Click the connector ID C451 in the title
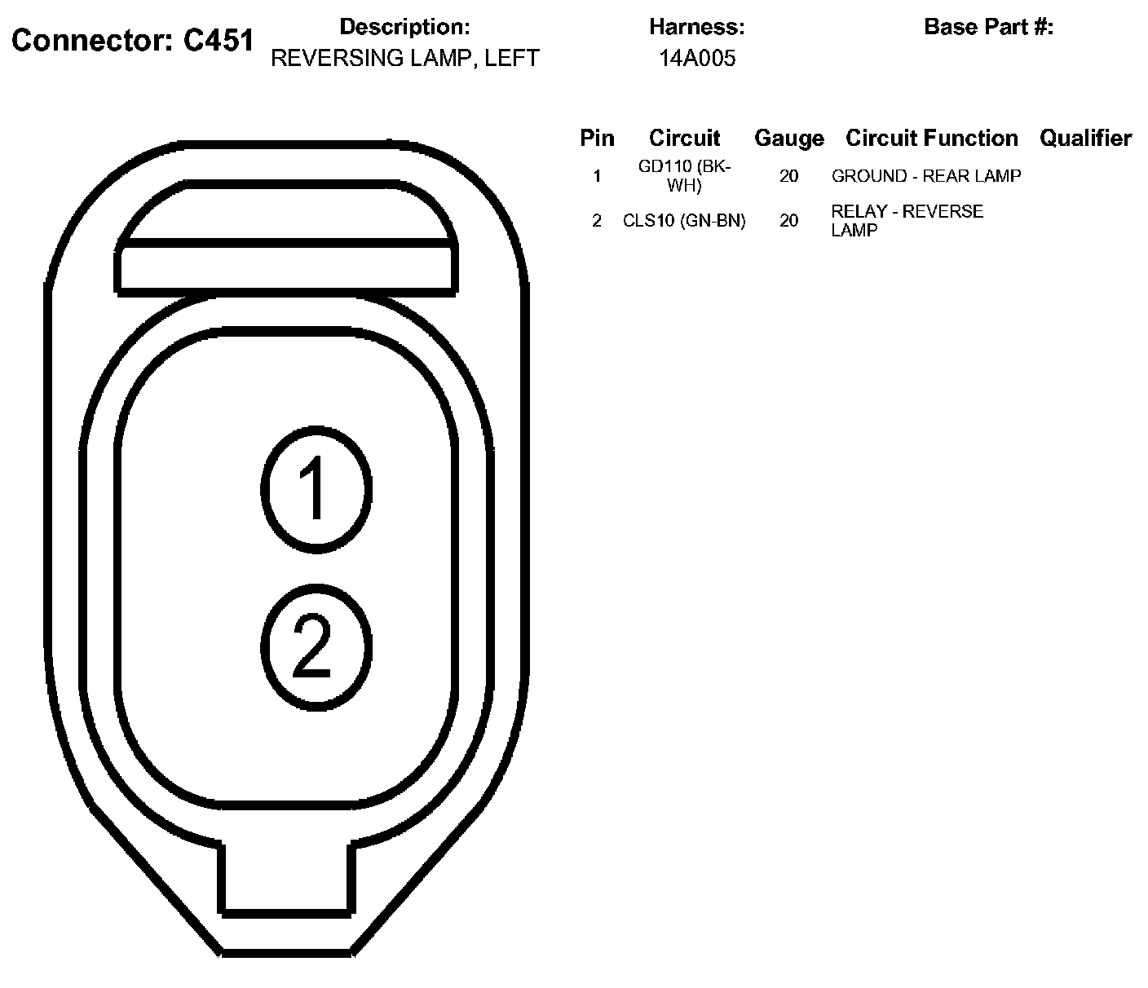coord(219,41)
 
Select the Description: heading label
coord(404,27)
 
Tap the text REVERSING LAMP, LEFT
coord(404,59)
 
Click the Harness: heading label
coord(696,27)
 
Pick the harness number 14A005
coord(697,59)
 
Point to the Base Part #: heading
coord(988,27)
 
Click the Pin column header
coord(597,139)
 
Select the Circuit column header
coord(684,139)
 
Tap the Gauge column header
coord(788,139)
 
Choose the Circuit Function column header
coord(931,139)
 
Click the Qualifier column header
coord(1085,139)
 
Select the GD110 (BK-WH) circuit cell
coord(684,176)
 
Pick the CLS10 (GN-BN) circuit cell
coord(684,221)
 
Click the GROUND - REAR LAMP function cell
coord(926,176)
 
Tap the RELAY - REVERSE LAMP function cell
coord(907,221)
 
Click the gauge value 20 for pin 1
coord(788,176)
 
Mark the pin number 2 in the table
coord(597,221)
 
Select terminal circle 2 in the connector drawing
coord(316,646)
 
